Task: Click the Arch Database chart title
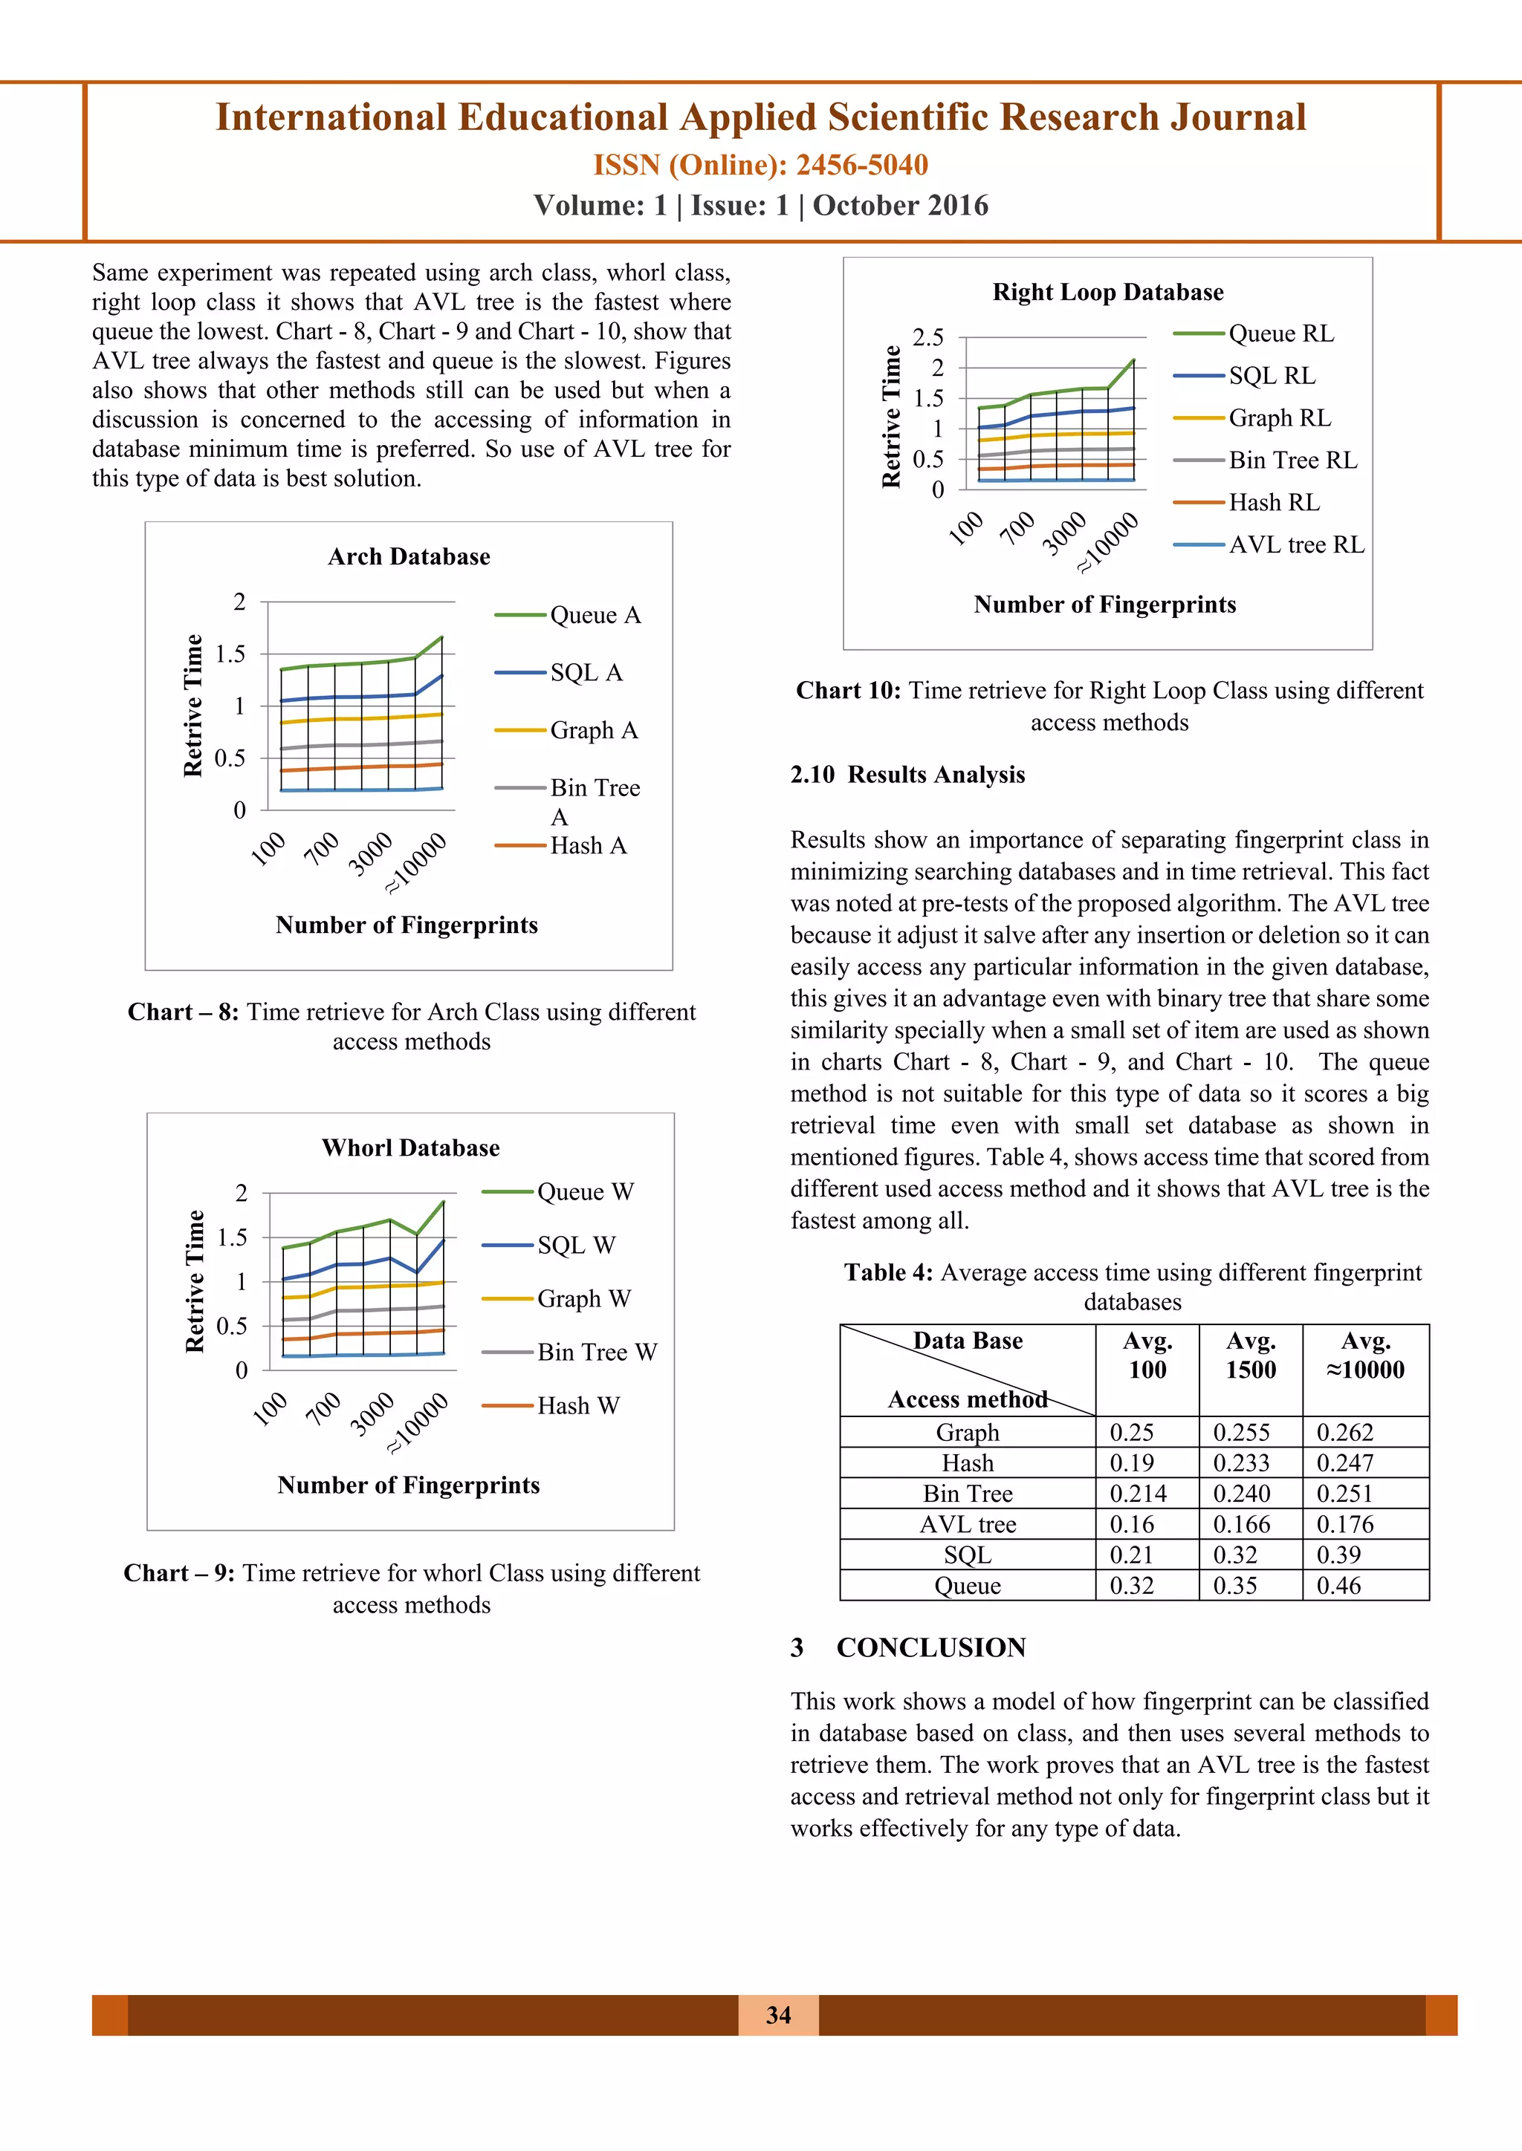[409, 556]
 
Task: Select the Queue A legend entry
[595, 616]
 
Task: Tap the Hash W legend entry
[577, 1405]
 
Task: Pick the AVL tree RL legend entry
[1295, 544]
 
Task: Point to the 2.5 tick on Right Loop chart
[927, 337]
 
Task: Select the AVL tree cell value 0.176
[1345, 1524]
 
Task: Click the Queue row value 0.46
[1338, 1585]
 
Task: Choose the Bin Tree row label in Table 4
[967, 1494]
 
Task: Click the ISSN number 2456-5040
[861, 165]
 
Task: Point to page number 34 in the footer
[778, 2015]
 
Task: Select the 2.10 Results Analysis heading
[907, 775]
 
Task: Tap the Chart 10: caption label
[848, 691]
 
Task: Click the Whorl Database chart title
[410, 1148]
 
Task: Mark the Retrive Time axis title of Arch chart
[193, 706]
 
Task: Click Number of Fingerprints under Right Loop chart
[1105, 605]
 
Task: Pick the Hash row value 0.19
[1131, 1462]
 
